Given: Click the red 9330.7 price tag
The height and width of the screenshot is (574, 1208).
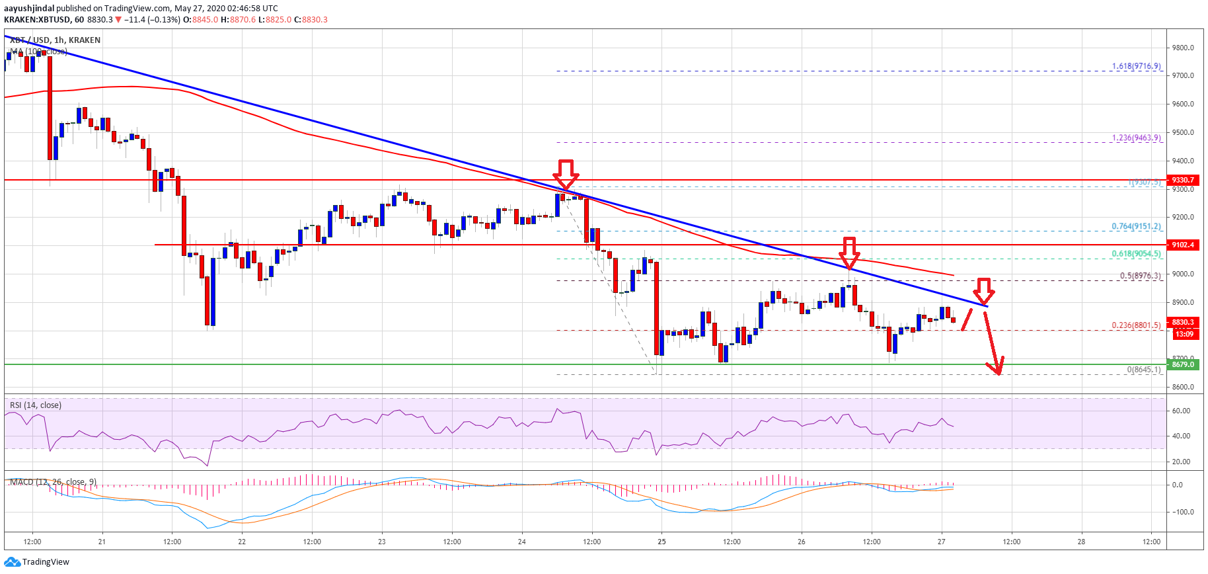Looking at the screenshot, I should [x=1182, y=180].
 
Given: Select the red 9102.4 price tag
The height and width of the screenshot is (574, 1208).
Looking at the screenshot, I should [x=1182, y=245].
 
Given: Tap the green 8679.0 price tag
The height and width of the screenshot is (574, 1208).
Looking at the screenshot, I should [x=1182, y=364].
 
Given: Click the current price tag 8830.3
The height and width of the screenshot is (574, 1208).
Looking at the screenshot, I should [x=1182, y=322].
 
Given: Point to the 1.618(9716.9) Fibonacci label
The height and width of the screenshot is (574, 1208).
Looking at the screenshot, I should [x=1136, y=66].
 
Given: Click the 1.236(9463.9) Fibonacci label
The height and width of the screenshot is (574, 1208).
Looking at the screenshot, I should [x=1136, y=138].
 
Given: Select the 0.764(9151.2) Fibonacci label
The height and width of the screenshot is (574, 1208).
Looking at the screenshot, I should [x=1136, y=226].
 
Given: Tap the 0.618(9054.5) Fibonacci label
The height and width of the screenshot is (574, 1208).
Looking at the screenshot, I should [x=1136, y=254].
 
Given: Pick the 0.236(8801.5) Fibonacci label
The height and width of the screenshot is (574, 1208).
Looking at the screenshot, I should [x=1136, y=325].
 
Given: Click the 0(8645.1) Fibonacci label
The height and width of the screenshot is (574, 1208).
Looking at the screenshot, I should [x=1143, y=370].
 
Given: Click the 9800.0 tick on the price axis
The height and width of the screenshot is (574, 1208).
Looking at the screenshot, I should [x=1182, y=48].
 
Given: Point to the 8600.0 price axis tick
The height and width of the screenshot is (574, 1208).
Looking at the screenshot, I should [x=1182, y=387].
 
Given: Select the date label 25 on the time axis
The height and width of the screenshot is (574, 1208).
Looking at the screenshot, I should [x=661, y=542].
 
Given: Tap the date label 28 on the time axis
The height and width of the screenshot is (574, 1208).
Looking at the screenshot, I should [x=1081, y=542].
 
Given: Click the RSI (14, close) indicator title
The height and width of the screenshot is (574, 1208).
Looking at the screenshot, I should [x=36, y=405].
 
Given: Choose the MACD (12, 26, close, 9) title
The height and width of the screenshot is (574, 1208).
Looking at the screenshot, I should [x=53, y=482].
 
